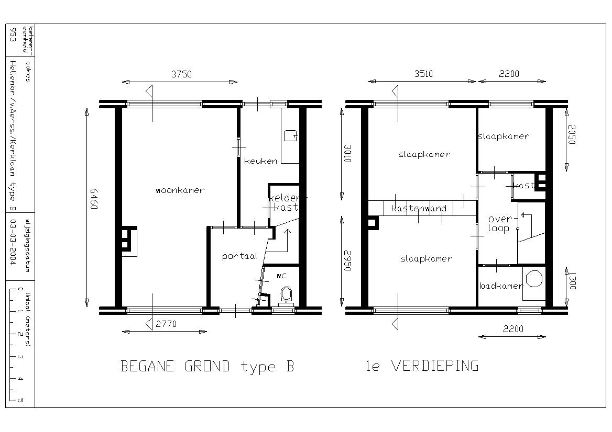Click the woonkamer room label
(x=180, y=190)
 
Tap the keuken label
(x=261, y=161)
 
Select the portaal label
(x=239, y=256)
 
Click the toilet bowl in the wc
(x=286, y=294)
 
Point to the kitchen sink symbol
(x=290, y=135)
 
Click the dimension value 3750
(x=181, y=74)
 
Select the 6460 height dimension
(x=94, y=199)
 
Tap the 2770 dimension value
(x=166, y=324)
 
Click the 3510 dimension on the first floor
(x=423, y=74)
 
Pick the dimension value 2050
(x=572, y=135)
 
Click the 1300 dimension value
(x=572, y=281)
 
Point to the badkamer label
(x=501, y=286)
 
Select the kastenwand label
(x=419, y=208)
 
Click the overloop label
(x=499, y=224)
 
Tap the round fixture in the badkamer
(x=534, y=279)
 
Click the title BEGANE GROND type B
(x=207, y=367)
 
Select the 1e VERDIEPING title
(x=422, y=366)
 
